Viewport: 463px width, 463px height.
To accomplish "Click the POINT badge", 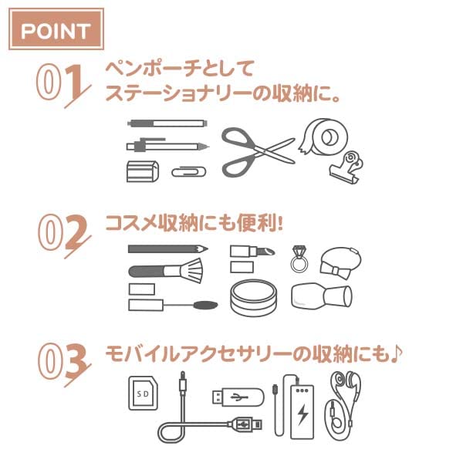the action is (56, 29).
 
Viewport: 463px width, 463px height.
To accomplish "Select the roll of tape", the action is (323, 137).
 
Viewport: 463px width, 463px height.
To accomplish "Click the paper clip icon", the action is (189, 172).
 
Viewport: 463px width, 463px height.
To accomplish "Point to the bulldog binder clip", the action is (346, 167).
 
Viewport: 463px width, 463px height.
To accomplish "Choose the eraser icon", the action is (142, 171).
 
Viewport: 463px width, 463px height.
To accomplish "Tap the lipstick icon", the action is (252, 252).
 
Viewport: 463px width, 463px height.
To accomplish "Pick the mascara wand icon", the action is (173, 305).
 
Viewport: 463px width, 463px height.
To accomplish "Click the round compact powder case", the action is (254, 298).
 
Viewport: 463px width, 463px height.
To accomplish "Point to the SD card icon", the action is (144, 393).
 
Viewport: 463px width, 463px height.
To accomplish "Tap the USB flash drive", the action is (238, 397).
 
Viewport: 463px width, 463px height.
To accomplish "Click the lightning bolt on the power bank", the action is (302, 414).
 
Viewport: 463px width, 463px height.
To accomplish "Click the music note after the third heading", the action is (396, 353).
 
